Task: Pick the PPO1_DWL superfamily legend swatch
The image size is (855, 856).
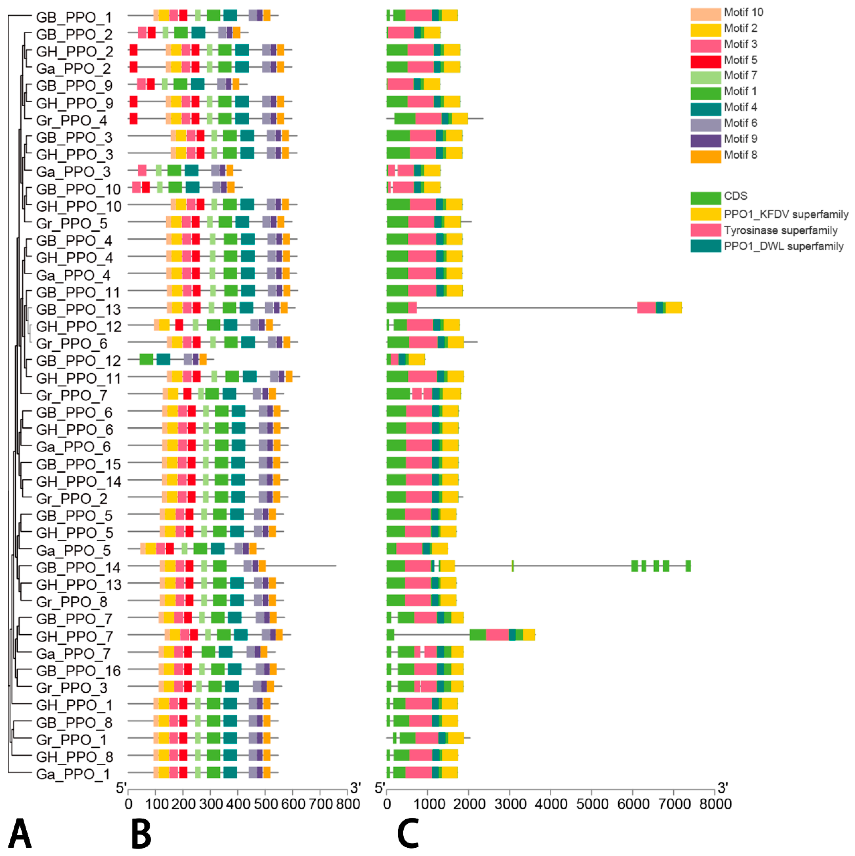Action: pyautogui.click(x=705, y=246)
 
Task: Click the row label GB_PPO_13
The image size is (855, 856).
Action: pyautogui.click(x=78, y=309)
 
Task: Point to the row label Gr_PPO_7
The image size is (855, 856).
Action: pyautogui.click(x=72, y=395)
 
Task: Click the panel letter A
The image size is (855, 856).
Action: pyautogui.click(x=20, y=833)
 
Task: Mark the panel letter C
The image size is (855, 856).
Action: pyautogui.click(x=408, y=833)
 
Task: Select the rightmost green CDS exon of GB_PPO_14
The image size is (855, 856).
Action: pyautogui.click(x=688, y=566)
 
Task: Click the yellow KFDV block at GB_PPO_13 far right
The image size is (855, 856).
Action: pyautogui.click(x=674, y=307)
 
